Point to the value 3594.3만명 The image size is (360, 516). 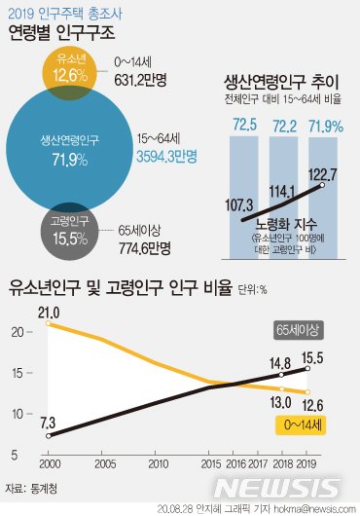coord(167,156)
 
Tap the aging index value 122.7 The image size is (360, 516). coord(323,174)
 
